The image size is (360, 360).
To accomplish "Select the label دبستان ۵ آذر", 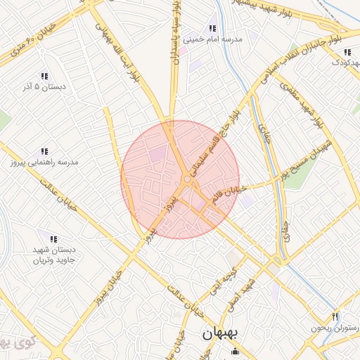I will pyautogui.click(x=45, y=86).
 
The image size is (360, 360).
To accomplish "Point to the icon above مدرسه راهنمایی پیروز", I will pyautogui.click(x=44, y=151).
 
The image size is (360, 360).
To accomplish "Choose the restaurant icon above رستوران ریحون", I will pyautogui.click(x=335, y=317).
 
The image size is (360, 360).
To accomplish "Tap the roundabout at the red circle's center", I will pyautogui.click(x=187, y=181).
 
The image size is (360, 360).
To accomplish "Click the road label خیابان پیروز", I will pyautogui.click(x=105, y=291).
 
